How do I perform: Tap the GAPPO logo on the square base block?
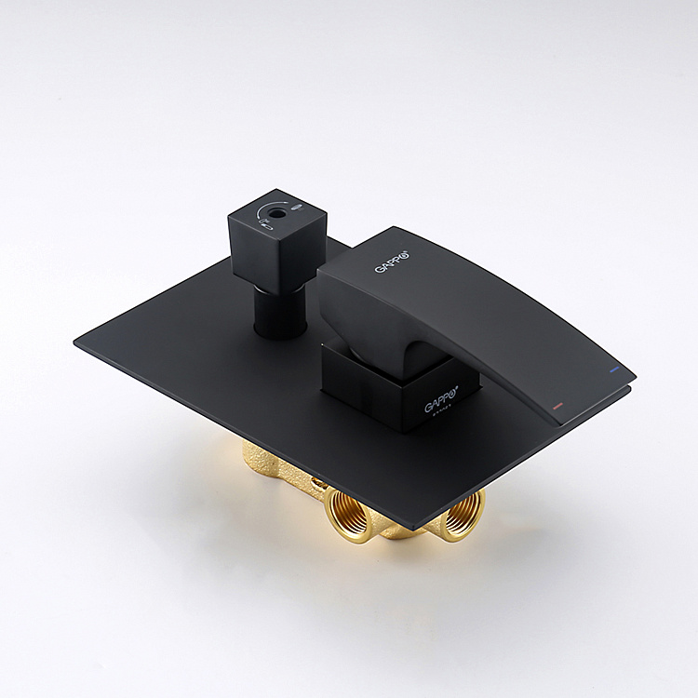click(442, 404)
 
